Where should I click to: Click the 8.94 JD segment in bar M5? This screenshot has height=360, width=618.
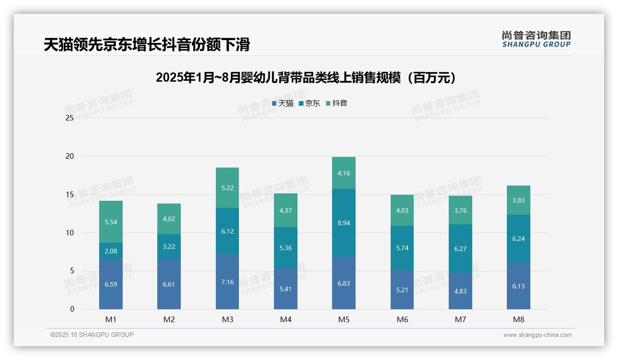click(x=344, y=223)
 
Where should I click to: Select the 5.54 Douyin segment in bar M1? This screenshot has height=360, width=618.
click(x=111, y=222)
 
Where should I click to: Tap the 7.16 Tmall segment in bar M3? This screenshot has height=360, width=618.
click(x=227, y=282)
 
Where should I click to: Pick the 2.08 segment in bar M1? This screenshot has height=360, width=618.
click(x=111, y=251)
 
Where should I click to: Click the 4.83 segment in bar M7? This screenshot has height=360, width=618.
click(x=460, y=291)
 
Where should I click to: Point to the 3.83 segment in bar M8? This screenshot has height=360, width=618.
click(x=518, y=200)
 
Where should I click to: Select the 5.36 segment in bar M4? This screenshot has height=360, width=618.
click(x=285, y=248)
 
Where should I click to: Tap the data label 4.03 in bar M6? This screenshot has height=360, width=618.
click(x=402, y=210)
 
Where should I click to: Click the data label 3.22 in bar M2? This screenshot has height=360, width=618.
click(x=169, y=246)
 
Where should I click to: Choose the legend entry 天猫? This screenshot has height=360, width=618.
click(x=283, y=103)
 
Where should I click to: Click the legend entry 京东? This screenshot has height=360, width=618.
click(x=309, y=103)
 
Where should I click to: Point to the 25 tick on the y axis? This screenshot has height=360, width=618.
click(x=70, y=118)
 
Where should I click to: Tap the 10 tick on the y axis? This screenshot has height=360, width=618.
click(x=70, y=233)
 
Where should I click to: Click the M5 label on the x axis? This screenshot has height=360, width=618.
click(x=344, y=319)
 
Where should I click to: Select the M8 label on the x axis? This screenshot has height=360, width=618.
click(x=518, y=319)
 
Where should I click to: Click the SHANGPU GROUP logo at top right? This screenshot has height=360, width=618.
click(x=536, y=39)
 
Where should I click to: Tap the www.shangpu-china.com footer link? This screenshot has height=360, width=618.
click(x=537, y=335)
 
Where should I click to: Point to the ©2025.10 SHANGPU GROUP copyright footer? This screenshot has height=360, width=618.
click(x=92, y=335)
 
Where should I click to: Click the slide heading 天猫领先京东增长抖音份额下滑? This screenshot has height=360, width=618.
click(x=147, y=45)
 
